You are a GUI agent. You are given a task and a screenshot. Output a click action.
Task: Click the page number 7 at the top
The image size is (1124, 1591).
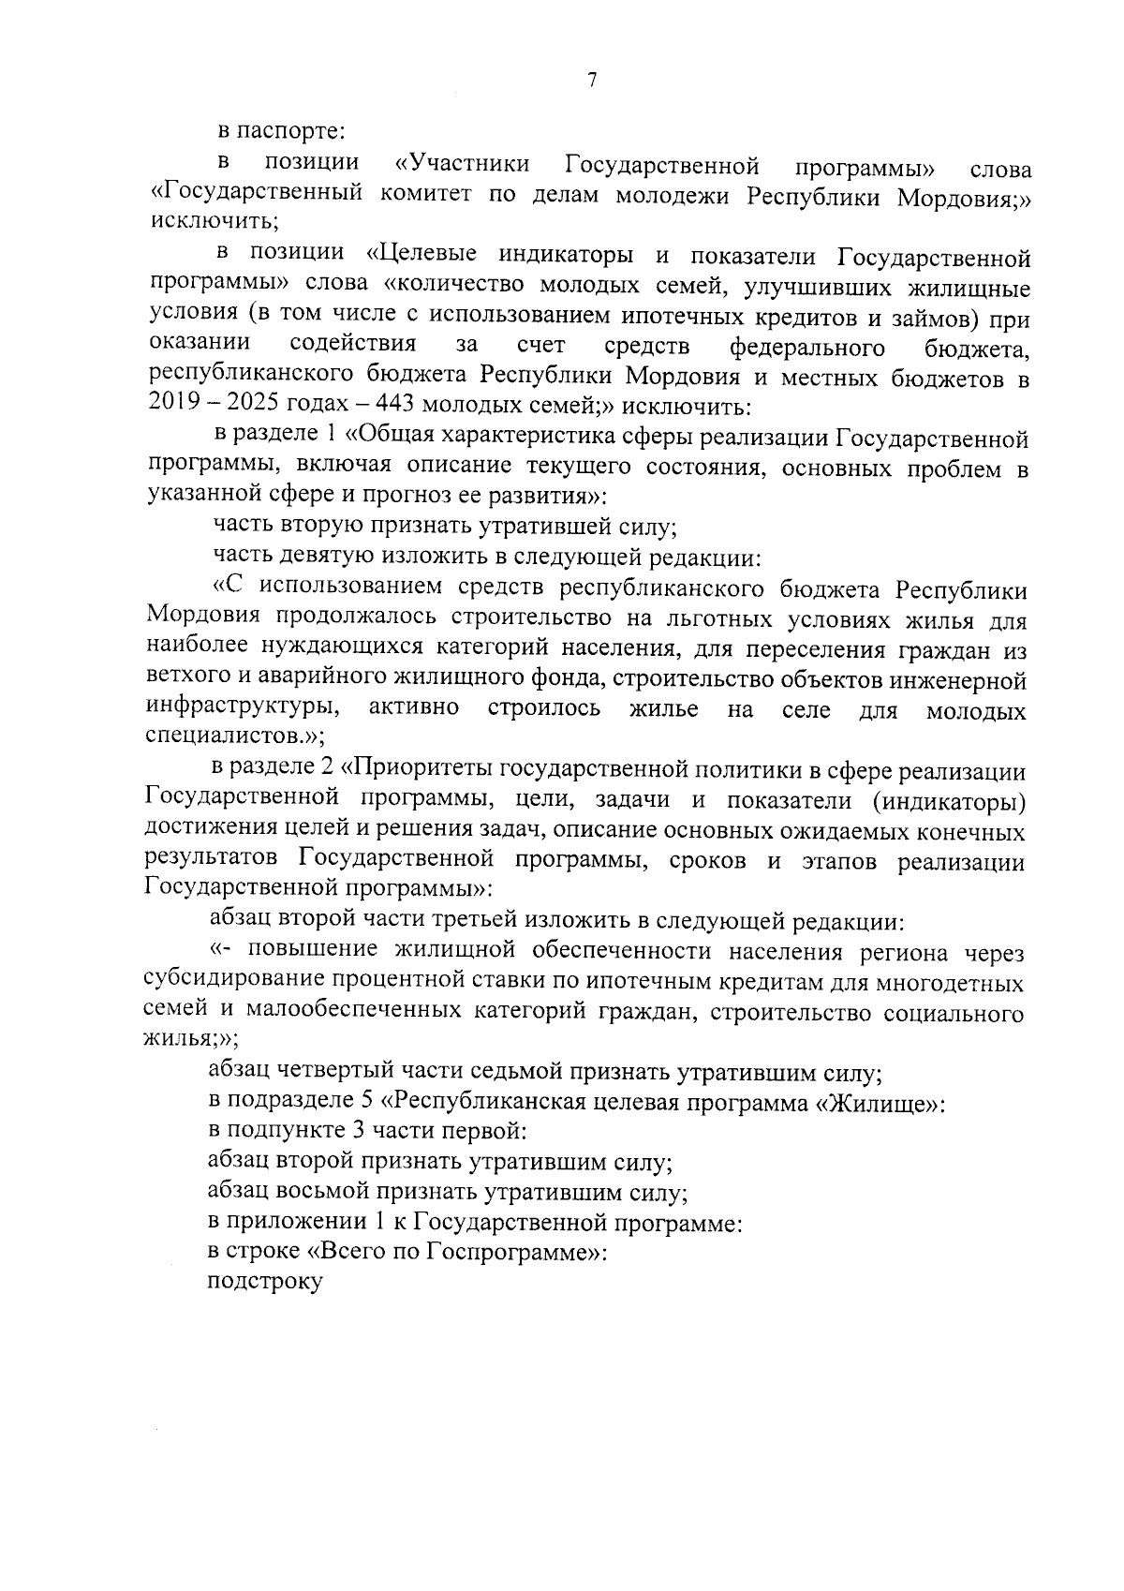coord(592,81)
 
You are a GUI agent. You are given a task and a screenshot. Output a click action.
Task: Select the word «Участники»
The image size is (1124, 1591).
coord(463,165)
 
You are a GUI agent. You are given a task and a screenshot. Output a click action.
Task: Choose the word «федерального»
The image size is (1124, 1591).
coord(807,348)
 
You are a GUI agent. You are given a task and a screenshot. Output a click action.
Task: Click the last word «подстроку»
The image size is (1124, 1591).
coord(265,1283)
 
